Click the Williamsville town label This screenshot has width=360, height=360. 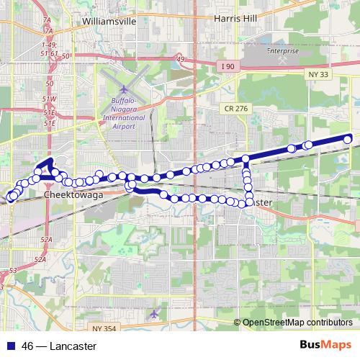pyautogui.click(x=109, y=22)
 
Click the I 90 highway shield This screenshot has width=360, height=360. pyautogui.click(x=228, y=66)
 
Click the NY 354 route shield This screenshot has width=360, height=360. pyautogui.click(x=104, y=328)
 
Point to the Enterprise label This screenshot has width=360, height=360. pyautogui.click(x=283, y=52)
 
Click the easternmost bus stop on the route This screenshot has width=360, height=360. pyautogui.click(x=348, y=139)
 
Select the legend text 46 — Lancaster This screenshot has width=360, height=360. pyautogui.click(x=58, y=346)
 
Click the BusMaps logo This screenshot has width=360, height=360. pyautogui.click(x=328, y=345)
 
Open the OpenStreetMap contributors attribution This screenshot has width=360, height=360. pyautogui.click(x=297, y=322)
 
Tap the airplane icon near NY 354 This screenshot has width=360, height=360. pyautogui.click(x=153, y=314)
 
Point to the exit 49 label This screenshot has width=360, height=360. pyautogui.click(x=180, y=59)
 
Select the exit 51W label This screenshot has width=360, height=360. pyautogui.click(x=49, y=99)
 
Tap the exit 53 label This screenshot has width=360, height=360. pyautogui.click(x=12, y=270)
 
